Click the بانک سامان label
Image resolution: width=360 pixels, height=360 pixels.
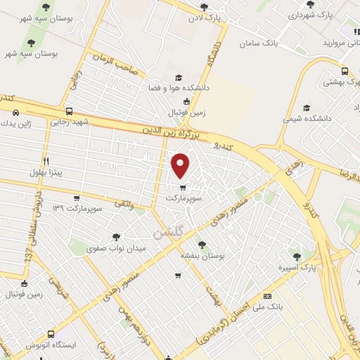[x=259, y=44]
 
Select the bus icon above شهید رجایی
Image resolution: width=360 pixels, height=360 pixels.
[x=69, y=110]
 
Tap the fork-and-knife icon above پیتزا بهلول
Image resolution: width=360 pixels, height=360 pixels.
[x=46, y=160]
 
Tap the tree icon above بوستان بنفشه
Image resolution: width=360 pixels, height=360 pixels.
[x=202, y=244]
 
